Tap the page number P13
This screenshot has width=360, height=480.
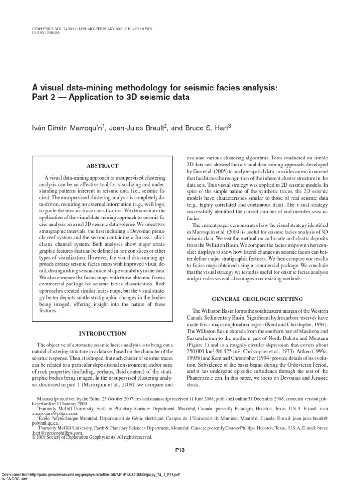tap(180, 450)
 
